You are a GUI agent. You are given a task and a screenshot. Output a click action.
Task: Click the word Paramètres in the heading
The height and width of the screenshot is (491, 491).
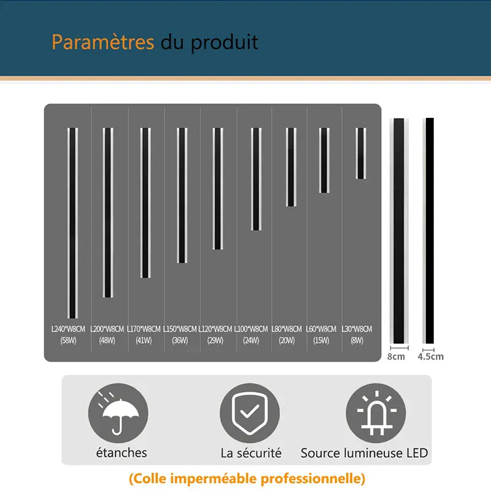(x=102, y=42)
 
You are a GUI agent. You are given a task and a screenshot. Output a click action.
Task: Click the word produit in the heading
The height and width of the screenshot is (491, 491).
(x=225, y=43)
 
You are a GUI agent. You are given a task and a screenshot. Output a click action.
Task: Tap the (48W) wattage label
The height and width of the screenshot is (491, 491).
(x=107, y=341)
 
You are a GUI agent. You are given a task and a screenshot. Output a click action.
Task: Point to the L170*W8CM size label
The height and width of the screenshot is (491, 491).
(x=144, y=329)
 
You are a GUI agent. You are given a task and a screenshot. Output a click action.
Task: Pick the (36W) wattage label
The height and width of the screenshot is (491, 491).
(x=180, y=341)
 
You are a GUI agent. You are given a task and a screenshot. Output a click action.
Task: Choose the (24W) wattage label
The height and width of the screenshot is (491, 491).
(x=251, y=341)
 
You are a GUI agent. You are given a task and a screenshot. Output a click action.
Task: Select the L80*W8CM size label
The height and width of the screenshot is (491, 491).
(x=287, y=329)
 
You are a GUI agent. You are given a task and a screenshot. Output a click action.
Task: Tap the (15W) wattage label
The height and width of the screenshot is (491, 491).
(x=321, y=341)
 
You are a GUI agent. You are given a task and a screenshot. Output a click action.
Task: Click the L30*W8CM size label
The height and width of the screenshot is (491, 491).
(x=357, y=329)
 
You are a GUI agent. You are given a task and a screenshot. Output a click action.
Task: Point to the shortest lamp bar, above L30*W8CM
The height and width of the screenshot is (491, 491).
(x=361, y=153)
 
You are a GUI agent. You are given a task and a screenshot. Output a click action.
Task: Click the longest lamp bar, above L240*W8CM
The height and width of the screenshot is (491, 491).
(x=72, y=223)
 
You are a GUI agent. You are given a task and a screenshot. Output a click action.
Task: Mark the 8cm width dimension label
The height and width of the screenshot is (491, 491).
(x=396, y=356)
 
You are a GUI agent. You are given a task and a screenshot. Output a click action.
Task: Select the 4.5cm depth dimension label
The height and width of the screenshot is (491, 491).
(x=430, y=356)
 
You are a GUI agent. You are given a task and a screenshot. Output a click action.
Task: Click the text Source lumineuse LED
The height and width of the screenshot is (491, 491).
(x=364, y=454)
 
